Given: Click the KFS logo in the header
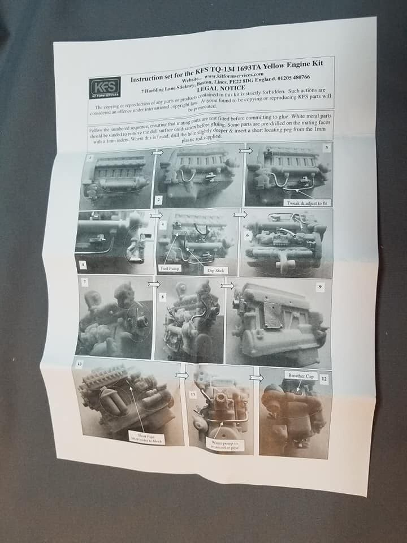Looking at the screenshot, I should (x=105, y=87).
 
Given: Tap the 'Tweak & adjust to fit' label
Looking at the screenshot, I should (x=305, y=202).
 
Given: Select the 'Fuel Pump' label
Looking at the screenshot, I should (x=170, y=268).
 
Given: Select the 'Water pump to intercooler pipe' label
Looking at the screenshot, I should (x=225, y=445).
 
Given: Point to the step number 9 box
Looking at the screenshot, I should (x=321, y=287).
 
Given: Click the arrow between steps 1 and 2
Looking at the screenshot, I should (x=158, y=152).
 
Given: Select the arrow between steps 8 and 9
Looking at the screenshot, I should (x=227, y=286).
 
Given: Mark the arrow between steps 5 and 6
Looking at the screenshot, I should (x=240, y=214).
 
